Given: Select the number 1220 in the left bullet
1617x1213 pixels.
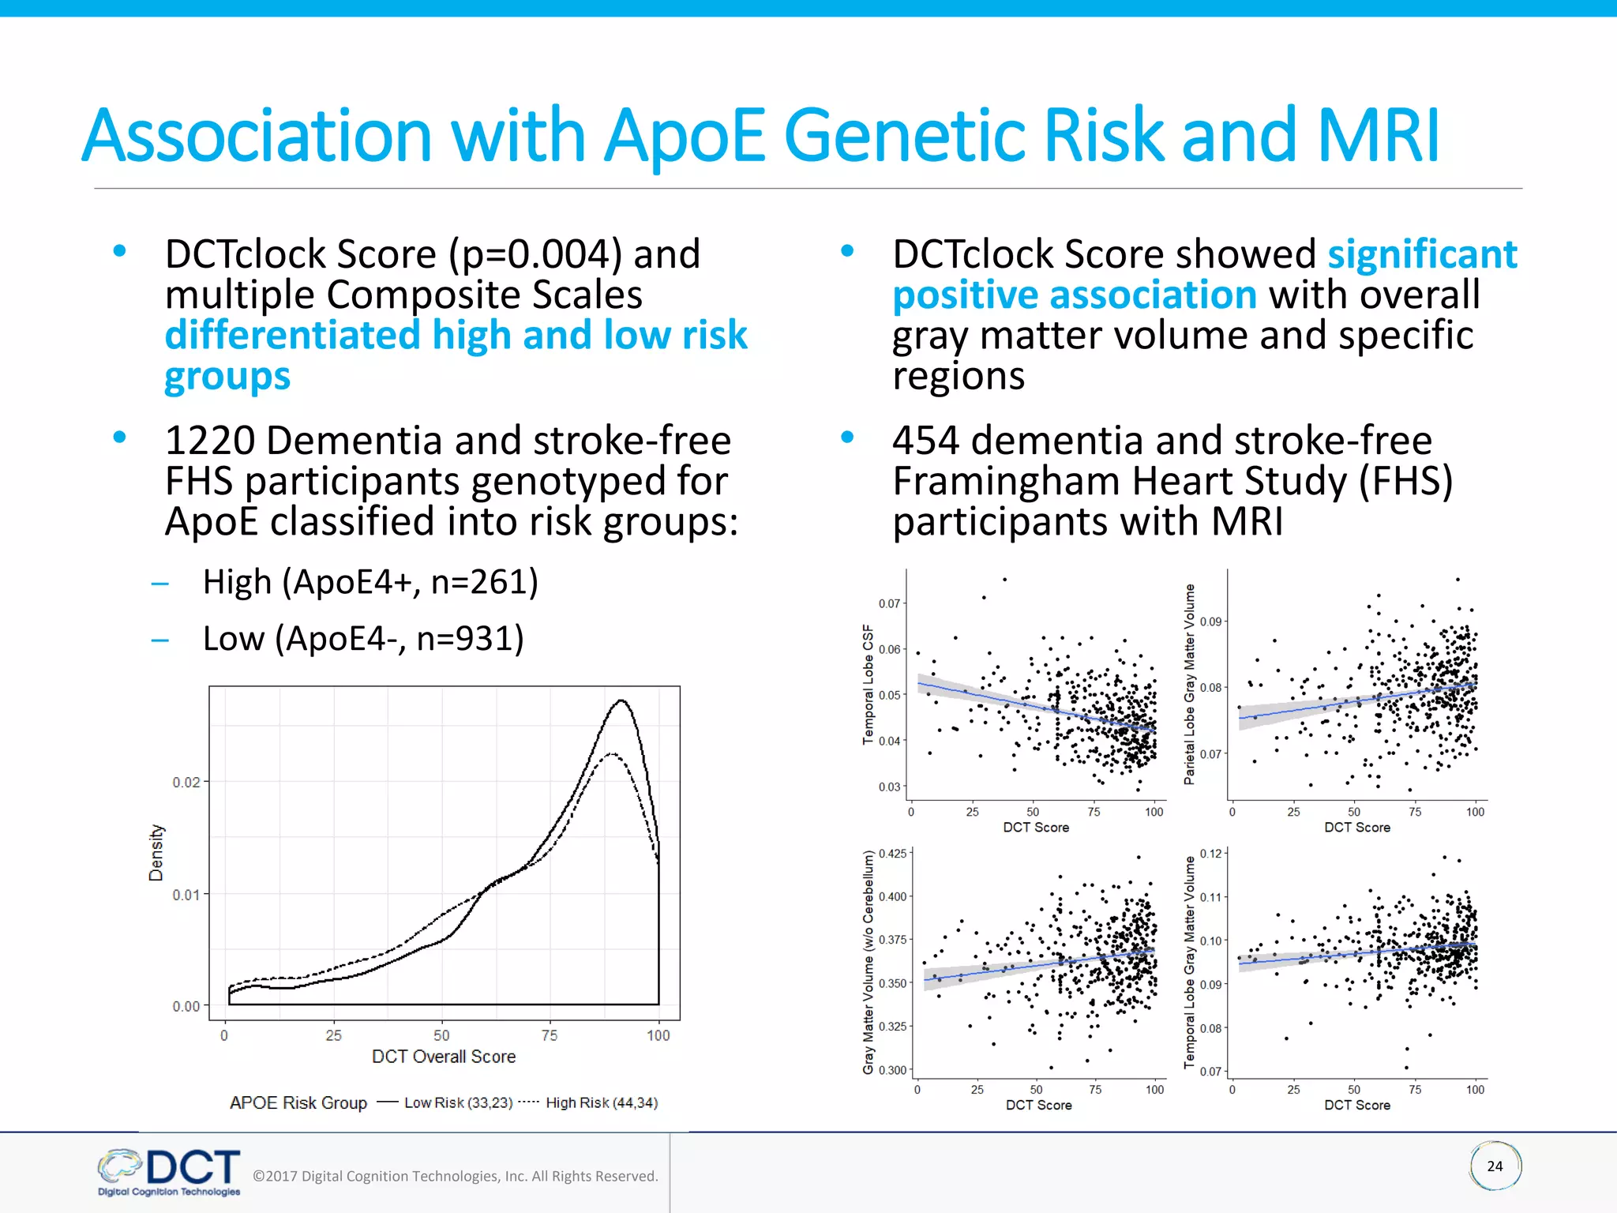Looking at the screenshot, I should point(209,441).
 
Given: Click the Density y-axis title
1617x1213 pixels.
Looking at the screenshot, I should point(156,853).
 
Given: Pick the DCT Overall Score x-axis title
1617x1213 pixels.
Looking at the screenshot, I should point(444,1057).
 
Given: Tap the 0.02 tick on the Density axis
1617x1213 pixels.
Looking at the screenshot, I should point(186,782).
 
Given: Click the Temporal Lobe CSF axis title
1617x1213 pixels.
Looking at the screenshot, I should point(869,685).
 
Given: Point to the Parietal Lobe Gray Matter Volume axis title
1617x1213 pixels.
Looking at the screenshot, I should point(1189,685).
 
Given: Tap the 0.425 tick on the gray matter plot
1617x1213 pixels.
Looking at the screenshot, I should point(892,854).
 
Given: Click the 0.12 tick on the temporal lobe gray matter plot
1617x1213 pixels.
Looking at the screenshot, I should point(1210,854).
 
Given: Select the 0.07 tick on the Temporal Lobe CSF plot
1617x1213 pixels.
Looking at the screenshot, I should point(889,603).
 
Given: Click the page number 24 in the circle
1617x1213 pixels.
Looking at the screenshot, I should point(1495,1166).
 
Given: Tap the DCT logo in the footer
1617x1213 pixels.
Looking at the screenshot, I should point(171,1172).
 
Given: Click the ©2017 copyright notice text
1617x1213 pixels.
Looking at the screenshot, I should point(455,1176).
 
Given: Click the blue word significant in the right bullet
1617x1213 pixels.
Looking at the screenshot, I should point(1422,254).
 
